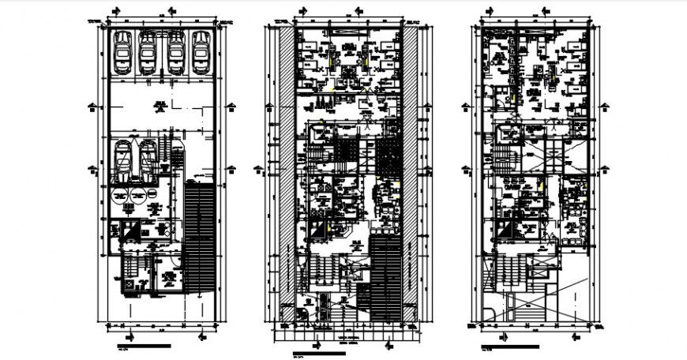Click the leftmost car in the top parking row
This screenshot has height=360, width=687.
(122, 54)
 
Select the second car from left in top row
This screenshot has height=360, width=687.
(148, 54)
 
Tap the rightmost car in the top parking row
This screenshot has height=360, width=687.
(201, 54)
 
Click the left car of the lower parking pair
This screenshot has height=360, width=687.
(124, 161)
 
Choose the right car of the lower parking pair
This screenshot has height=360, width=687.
(148, 161)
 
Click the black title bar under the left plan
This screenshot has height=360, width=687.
(143, 346)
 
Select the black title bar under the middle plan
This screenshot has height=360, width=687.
(319, 352)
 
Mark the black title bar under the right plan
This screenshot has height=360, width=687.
(509, 346)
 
